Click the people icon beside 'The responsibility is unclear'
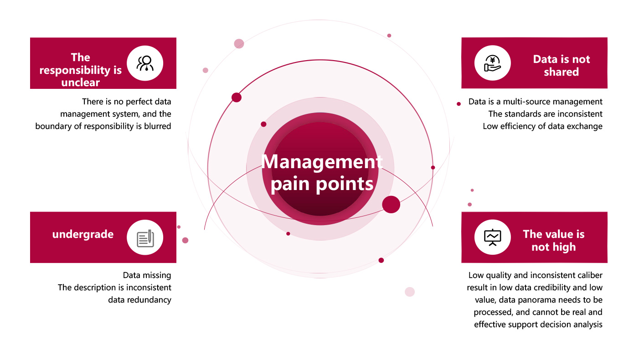pyautogui.click(x=144, y=63)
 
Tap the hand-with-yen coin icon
pyautogui.click(x=492, y=63)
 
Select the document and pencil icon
pyautogui.click(x=144, y=237)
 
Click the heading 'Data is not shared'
pyautogui.click(x=561, y=66)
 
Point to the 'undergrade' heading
pyautogui.click(x=83, y=234)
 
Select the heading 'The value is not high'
pyautogui.click(x=553, y=241)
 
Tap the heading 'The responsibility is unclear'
pyautogui.click(x=81, y=70)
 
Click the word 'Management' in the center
pyautogui.click(x=322, y=162)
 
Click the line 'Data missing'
pyautogui.click(x=147, y=275)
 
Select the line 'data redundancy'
pyautogui.click(x=139, y=299)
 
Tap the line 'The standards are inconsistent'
pyautogui.click(x=545, y=114)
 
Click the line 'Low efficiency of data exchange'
pyautogui.click(x=542, y=126)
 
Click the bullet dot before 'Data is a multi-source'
pyautogui.click(x=459, y=104)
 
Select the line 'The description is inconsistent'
pyautogui.click(x=114, y=288)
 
